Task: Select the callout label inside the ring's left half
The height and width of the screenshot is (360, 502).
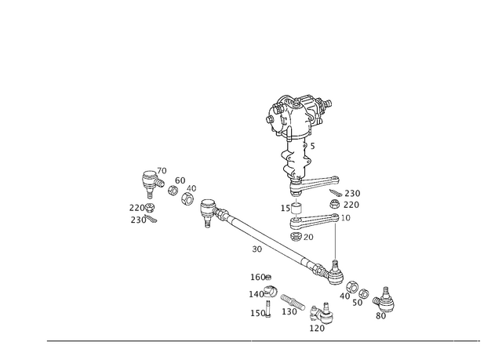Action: pos(289,123)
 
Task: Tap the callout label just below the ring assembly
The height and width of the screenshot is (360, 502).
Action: pos(311,146)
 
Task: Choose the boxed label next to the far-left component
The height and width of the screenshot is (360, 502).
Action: pos(180,183)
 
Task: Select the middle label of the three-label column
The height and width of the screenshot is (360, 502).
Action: pos(257,294)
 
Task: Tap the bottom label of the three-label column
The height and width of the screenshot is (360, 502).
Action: pos(259,312)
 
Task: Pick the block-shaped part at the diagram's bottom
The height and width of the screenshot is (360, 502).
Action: pos(318,317)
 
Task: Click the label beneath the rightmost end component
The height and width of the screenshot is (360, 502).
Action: pos(381,314)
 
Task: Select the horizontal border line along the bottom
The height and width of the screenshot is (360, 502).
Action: pos(259,341)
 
